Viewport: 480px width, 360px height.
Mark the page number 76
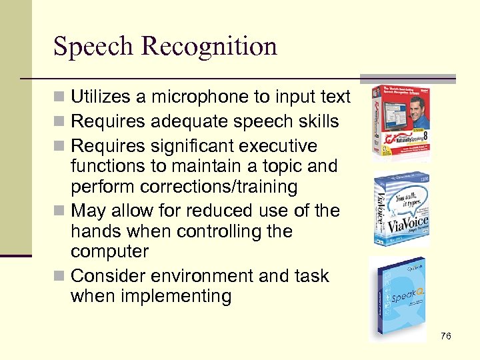(x=445, y=336)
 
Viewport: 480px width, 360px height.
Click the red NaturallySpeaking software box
(x=401, y=123)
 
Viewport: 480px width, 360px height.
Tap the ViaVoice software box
(x=401, y=209)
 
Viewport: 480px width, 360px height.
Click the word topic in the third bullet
(x=280, y=166)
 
